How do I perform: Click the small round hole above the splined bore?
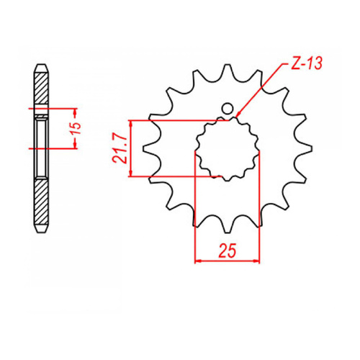point(228,110)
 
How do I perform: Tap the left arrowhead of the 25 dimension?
point(196,260)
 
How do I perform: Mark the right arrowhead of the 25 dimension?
point(258,260)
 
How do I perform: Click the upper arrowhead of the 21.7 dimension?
point(130,120)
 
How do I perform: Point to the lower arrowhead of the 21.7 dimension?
point(130,176)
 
